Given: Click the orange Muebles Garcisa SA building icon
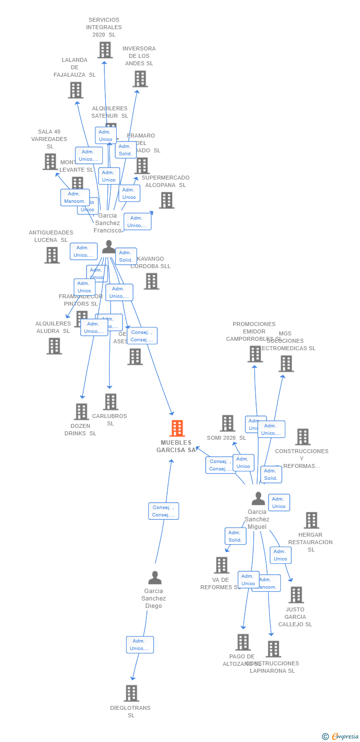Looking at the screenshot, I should [177, 428].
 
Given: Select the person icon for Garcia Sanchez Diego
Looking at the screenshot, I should [155, 578].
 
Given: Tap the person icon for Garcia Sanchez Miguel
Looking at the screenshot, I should [258, 499].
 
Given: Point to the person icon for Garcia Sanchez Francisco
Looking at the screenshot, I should [108, 247].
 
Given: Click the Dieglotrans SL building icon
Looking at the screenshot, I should [131, 694].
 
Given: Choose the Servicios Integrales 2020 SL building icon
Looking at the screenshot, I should [105, 50].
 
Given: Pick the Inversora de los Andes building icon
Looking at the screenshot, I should [140, 79].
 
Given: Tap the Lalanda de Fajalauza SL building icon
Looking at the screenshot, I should [76, 90].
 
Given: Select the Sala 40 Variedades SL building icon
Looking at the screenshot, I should [50, 162].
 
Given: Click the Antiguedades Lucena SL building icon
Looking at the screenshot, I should [52, 255].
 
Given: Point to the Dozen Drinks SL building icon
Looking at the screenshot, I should [81, 412].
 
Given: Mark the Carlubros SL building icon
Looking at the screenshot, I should [110, 402].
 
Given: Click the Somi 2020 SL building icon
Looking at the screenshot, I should [227, 423].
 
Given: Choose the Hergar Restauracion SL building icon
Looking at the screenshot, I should [311, 520].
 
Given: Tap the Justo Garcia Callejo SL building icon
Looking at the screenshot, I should [296, 595].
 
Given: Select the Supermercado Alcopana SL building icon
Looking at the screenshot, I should [167, 200].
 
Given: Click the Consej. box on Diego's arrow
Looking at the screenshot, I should [164, 511].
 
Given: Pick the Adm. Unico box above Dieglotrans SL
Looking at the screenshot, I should [140, 645].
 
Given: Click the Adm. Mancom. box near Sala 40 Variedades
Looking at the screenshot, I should [75, 197].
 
